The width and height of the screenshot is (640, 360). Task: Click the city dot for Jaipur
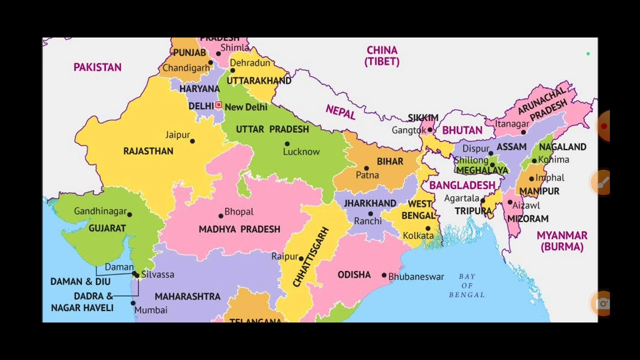[192, 141]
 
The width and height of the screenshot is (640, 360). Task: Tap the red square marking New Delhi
[218, 105]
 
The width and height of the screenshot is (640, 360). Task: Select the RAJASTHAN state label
[148, 151]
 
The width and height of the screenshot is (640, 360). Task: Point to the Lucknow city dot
[287, 144]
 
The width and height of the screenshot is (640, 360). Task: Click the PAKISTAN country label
[97, 67]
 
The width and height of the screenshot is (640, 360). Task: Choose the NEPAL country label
[340, 112]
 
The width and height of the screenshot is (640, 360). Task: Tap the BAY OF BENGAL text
[466, 285]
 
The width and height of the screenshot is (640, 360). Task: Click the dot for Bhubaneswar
[384, 275]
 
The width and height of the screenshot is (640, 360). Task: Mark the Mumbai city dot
[133, 303]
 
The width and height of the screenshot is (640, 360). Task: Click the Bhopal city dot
[220, 216]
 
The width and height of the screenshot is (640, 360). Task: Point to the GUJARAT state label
[107, 228]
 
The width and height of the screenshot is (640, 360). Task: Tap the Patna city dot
[366, 168]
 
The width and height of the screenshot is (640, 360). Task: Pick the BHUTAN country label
[462, 130]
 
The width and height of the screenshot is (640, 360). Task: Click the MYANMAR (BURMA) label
[562, 240]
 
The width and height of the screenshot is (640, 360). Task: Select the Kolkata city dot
[428, 228]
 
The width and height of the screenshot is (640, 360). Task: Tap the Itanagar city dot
[523, 132]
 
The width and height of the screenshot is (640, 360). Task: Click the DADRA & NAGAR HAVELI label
[82, 301]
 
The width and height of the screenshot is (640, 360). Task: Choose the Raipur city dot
[301, 258]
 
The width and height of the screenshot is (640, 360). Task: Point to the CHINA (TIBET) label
[382, 55]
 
